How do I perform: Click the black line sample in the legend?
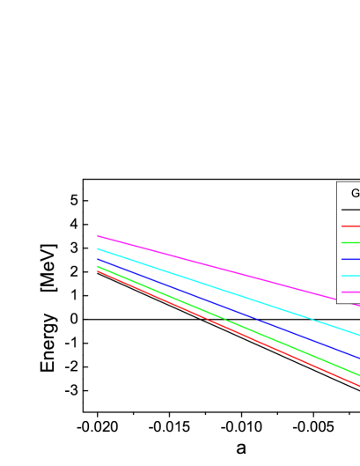click(350, 210)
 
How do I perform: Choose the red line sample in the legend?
click(350, 226)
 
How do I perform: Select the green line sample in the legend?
click(350, 242)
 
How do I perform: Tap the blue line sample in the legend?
click(350, 259)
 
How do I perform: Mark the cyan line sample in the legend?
click(350, 276)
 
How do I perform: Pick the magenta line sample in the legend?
click(350, 292)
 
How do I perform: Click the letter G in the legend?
click(356, 194)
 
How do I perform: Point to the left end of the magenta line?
click(98, 236)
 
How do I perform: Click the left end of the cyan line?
click(98, 249)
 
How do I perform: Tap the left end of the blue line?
click(98, 260)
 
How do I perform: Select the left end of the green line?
click(98, 266)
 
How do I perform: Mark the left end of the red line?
click(98, 271)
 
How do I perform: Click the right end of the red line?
click(359, 386)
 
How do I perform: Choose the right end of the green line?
click(359, 375)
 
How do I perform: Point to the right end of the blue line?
click(359, 359)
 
